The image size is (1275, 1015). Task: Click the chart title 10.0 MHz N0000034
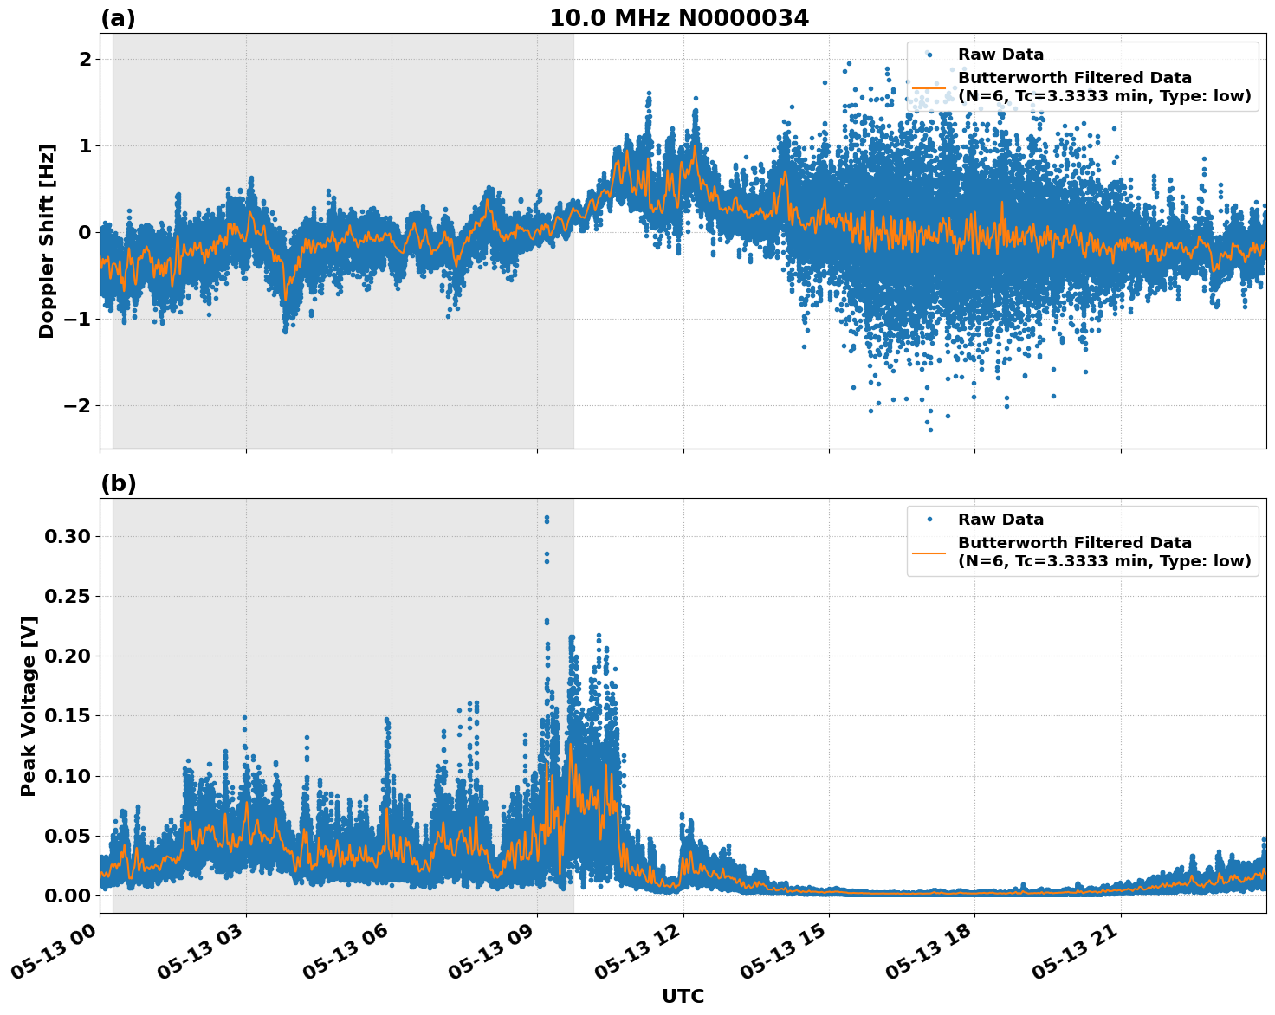tap(678, 18)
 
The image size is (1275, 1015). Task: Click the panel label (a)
tap(118, 18)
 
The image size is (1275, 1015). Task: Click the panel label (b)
tap(118, 483)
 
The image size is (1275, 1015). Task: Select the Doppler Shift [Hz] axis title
tap(47, 241)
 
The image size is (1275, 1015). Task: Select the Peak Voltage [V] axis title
tap(29, 706)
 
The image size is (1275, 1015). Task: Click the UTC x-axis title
tap(683, 996)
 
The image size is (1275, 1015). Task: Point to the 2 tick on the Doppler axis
tap(85, 59)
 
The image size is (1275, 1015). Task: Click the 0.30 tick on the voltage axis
tap(67, 536)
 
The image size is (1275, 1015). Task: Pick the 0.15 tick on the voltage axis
tap(67, 715)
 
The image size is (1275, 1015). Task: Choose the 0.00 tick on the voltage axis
tap(67, 895)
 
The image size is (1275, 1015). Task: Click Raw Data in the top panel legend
tap(1000, 55)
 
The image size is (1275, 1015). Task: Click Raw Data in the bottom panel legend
tap(1000, 520)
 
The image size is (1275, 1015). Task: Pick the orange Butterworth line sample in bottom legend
tap(929, 553)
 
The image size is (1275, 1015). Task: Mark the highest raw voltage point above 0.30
tap(547, 518)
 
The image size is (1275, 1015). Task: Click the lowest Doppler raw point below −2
tap(930, 430)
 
